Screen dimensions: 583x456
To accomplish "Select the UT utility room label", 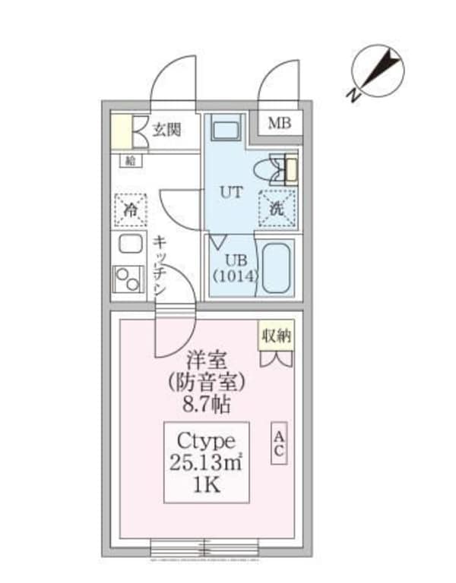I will click(231, 191).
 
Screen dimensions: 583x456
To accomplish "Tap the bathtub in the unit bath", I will click(277, 267).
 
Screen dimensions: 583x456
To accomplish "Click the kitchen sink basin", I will click(130, 246).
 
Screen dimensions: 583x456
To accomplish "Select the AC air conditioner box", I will click(279, 443).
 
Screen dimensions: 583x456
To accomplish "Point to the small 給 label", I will click(130, 160).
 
